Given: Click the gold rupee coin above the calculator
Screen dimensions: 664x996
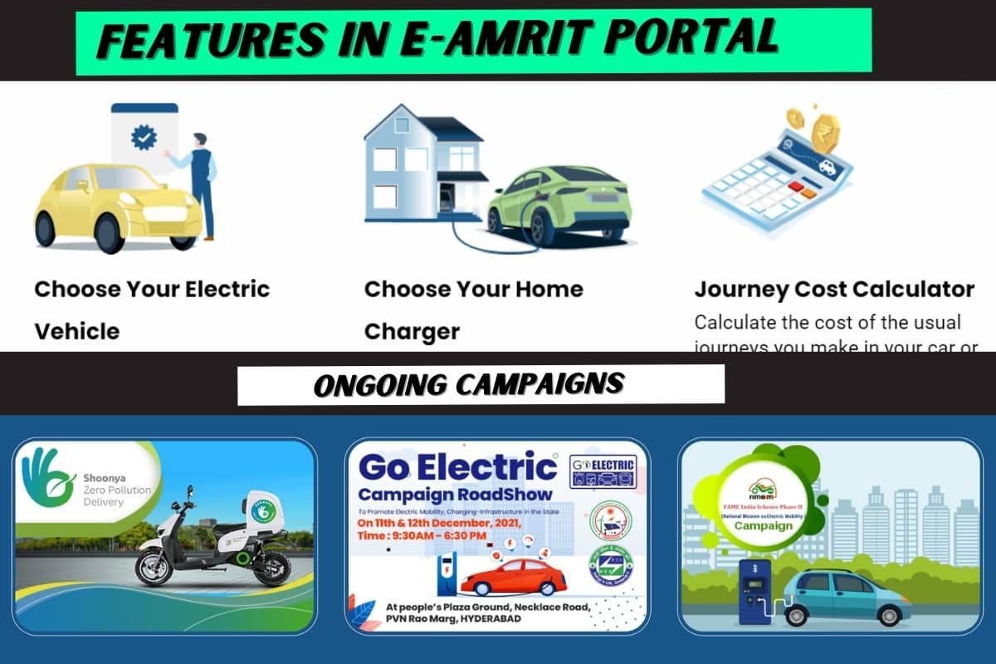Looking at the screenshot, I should click(825, 132).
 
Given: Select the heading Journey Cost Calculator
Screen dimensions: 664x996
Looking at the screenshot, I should click(833, 290).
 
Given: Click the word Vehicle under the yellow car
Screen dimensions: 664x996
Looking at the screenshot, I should click(76, 331).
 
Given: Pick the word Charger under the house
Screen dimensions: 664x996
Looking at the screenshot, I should click(411, 331).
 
